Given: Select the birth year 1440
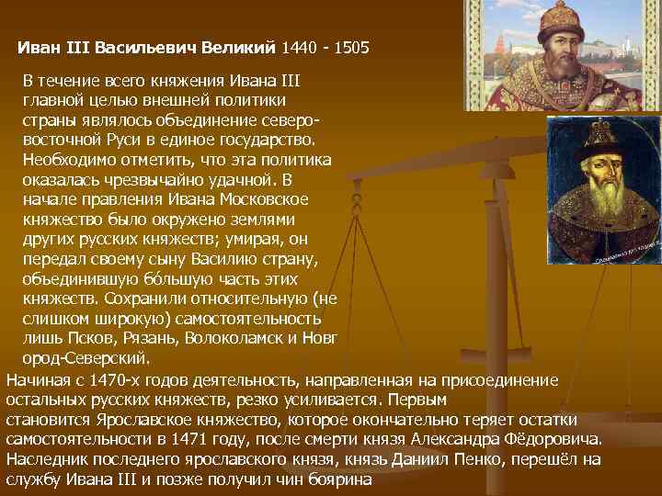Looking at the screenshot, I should tap(301, 46).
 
